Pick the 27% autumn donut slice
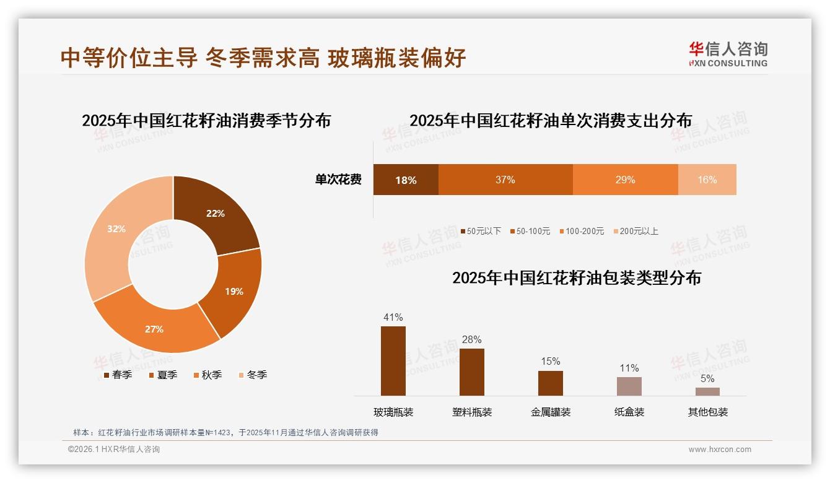coord(154,329)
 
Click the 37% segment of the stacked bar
coord(505,180)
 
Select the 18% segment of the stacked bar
coord(406,180)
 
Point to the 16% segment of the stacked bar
coord(707,180)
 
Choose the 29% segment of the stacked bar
coord(625,180)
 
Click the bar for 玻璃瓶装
coord(393,361)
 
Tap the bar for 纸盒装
coord(629,386)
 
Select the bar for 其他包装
coord(707,391)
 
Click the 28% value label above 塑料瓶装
coord(471,339)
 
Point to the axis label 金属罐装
coord(550,412)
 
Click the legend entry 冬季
coord(253,375)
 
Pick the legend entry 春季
coord(118,375)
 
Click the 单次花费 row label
coord(338,180)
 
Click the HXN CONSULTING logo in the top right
coord(728,54)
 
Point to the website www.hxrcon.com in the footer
coord(720,450)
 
